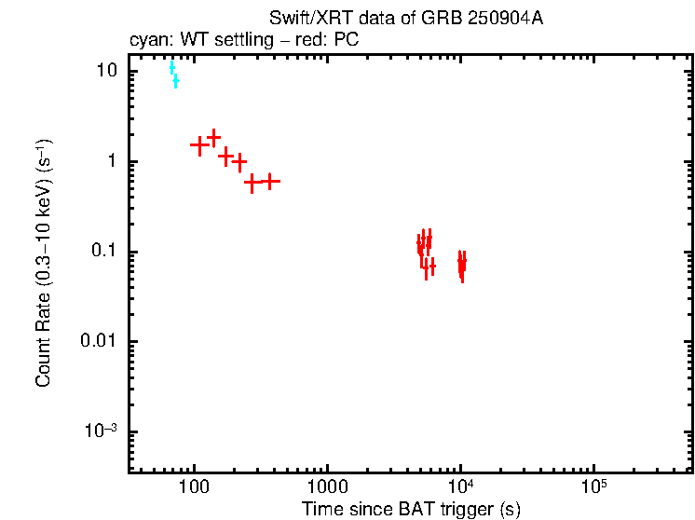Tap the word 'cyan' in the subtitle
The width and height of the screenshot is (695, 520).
[x=146, y=40]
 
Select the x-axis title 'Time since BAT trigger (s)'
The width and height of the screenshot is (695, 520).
[x=411, y=509]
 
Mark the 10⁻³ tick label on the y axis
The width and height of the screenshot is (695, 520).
[x=102, y=431]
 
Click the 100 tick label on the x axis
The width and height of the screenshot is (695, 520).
[x=194, y=487]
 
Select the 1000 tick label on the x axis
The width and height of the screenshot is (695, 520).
[x=327, y=487]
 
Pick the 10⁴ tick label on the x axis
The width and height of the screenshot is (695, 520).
[x=460, y=486]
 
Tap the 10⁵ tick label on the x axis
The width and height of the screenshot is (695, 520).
[x=593, y=486]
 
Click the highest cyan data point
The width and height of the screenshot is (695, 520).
[x=171, y=67]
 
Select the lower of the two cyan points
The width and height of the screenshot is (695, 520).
[x=175, y=82]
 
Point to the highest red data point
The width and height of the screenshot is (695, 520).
[x=213, y=137]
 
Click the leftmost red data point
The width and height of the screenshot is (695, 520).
[x=198, y=145]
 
